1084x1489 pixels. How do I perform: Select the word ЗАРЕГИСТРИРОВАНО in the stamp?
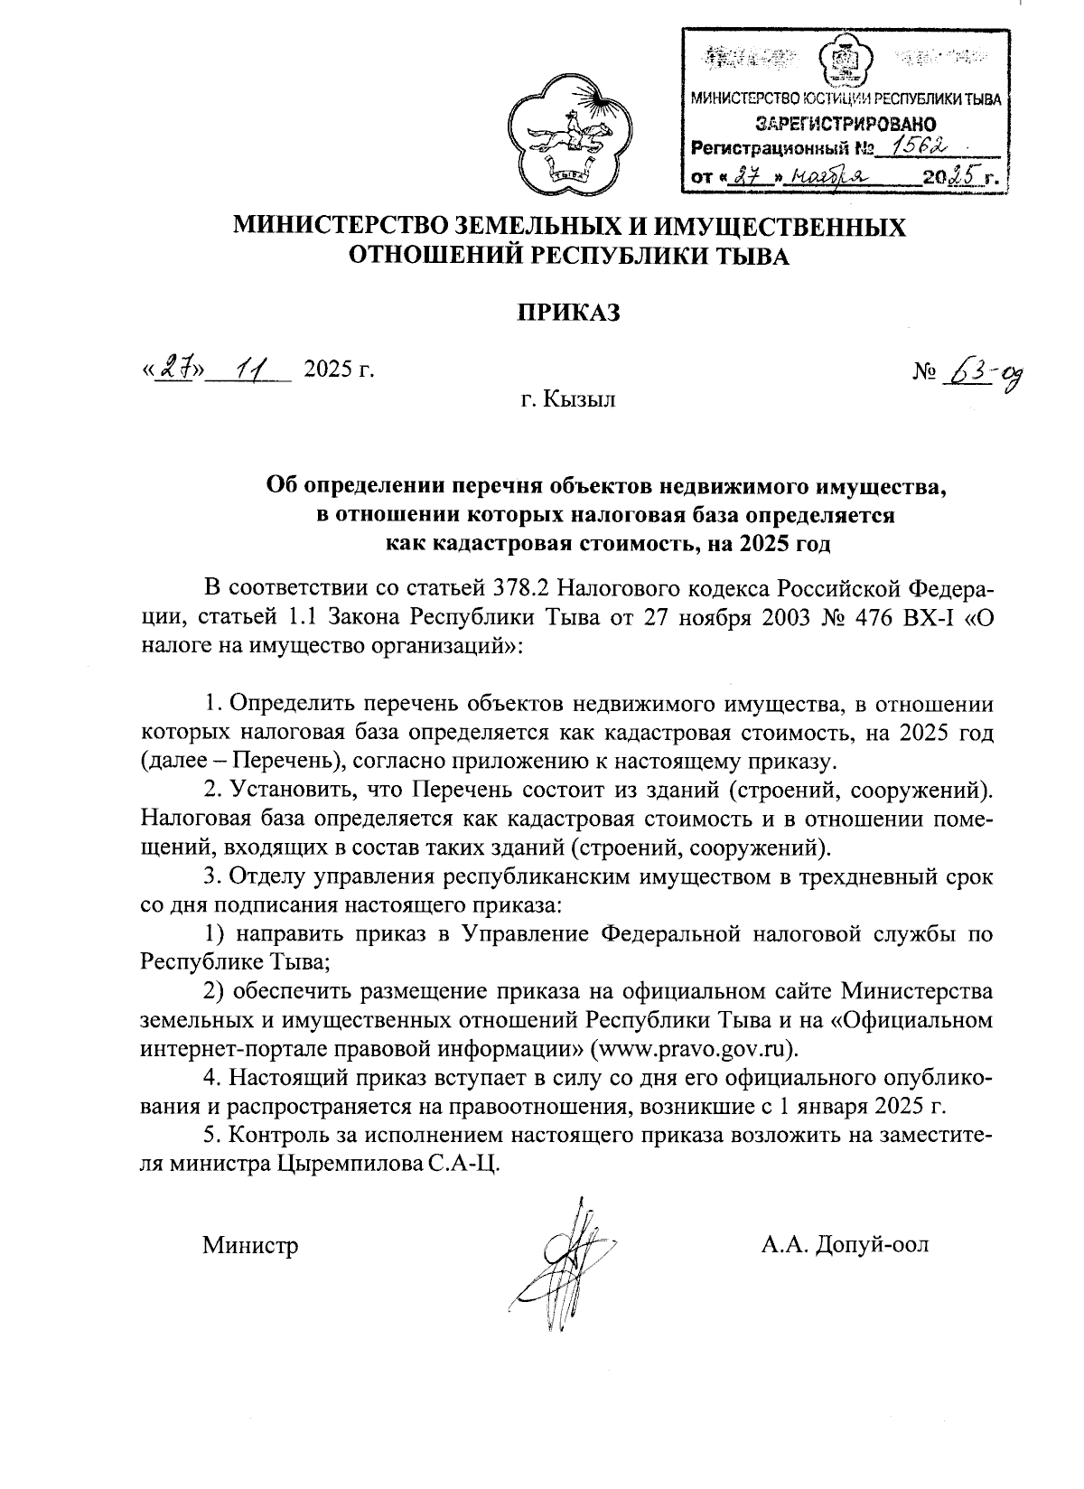click(840, 124)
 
